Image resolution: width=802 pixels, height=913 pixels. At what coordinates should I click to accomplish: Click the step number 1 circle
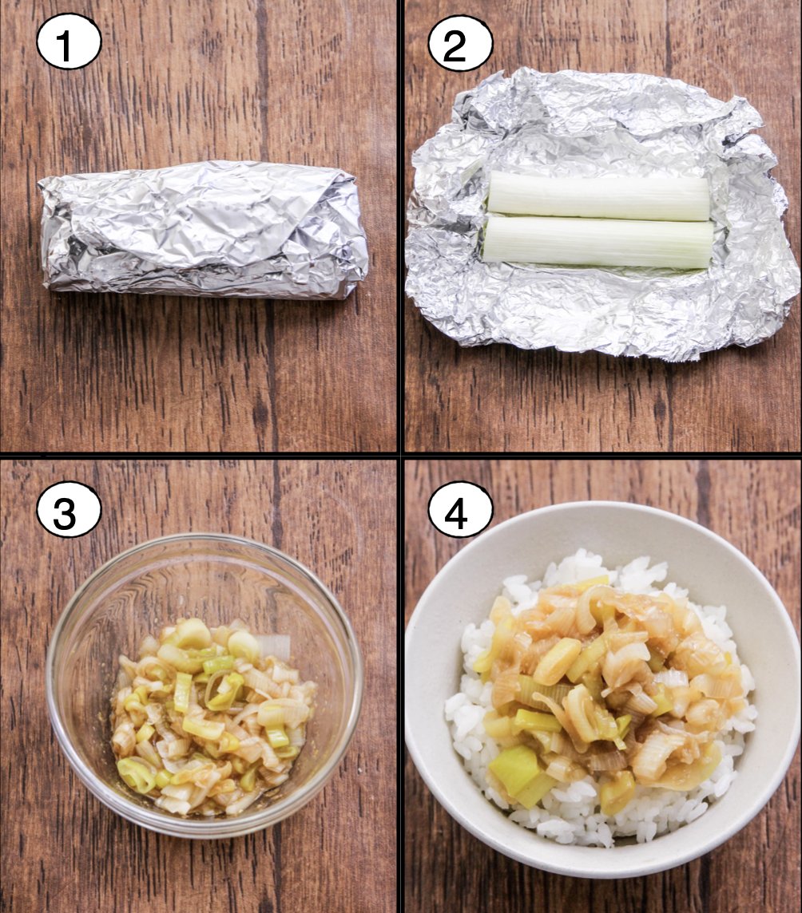tap(69, 41)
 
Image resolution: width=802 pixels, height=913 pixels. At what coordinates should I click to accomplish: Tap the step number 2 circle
tap(460, 43)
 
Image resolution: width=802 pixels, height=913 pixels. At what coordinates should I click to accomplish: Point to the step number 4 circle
tap(460, 512)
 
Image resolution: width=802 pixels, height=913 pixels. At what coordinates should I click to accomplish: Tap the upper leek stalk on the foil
tap(598, 195)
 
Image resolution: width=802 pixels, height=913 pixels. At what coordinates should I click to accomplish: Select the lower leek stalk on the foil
tap(598, 243)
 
